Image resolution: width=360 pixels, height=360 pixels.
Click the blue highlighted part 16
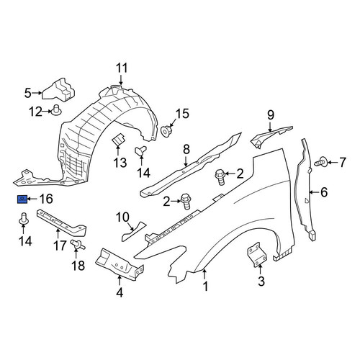click(x=22, y=199)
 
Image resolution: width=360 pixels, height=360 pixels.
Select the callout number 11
click(x=122, y=68)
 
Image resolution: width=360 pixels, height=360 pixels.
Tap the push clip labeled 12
click(x=56, y=110)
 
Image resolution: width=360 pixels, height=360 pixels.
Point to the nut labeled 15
click(x=166, y=131)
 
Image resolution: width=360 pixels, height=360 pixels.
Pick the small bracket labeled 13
click(x=118, y=139)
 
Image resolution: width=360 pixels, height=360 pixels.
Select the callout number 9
click(x=271, y=115)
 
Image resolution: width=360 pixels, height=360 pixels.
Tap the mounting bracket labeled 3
click(x=257, y=254)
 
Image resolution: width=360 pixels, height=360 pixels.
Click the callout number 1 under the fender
click(x=205, y=287)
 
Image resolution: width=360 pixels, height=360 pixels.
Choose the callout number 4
click(x=120, y=293)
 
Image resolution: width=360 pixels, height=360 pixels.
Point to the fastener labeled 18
click(x=78, y=245)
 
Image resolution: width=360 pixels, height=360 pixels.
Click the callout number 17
click(x=60, y=246)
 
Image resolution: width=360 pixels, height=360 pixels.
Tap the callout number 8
click(x=186, y=150)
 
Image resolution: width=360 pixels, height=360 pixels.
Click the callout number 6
click(x=324, y=192)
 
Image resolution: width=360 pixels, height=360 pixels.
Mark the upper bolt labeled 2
click(x=220, y=177)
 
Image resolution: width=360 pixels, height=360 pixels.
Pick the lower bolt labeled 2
click(x=186, y=201)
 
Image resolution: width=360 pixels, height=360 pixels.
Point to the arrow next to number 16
click(x=32, y=199)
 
